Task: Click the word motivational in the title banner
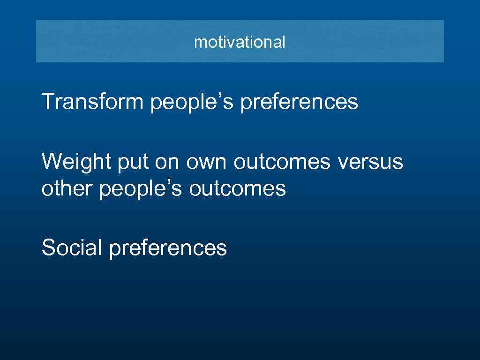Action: [x=240, y=42]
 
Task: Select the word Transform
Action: [x=92, y=101]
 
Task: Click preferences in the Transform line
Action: [x=299, y=103]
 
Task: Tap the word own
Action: [x=207, y=163]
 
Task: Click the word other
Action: [x=67, y=189]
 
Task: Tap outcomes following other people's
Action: [x=238, y=189]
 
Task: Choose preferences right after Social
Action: [x=168, y=249]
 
